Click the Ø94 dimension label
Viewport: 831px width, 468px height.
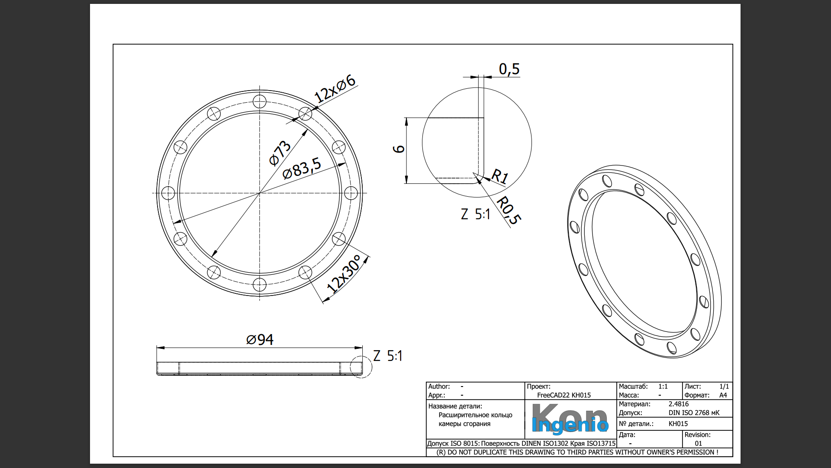(260, 340)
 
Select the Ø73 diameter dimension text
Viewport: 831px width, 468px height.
(280, 153)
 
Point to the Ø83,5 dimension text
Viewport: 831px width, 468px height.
(302, 168)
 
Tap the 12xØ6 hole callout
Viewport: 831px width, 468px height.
(335, 89)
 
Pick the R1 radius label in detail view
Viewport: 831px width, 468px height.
(500, 176)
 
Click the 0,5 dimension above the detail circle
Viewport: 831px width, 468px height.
(509, 69)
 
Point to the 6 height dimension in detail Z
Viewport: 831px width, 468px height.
(399, 149)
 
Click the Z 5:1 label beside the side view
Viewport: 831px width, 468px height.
(388, 356)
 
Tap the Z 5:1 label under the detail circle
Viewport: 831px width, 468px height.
(475, 214)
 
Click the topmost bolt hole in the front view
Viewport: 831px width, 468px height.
(260, 102)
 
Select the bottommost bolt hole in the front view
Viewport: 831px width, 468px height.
(259, 285)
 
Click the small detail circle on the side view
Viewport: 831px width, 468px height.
(361, 367)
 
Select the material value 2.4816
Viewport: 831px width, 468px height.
(678, 404)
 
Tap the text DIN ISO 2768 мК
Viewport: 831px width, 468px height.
(694, 413)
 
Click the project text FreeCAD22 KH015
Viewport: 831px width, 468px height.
(564, 395)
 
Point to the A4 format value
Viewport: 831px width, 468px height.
(723, 395)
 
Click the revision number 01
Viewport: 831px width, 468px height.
(698, 443)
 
